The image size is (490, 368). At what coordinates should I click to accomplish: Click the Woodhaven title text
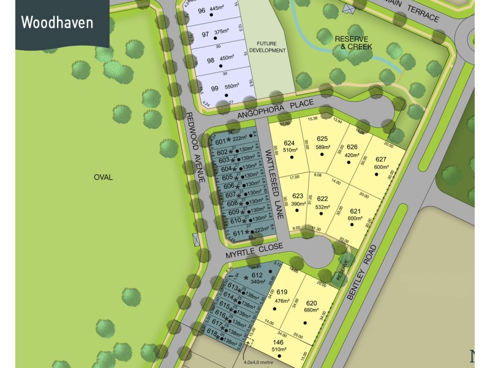pos(57,23)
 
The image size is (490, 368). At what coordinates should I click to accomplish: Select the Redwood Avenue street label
pos(195,147)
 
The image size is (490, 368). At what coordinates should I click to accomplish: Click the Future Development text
pos(267,47)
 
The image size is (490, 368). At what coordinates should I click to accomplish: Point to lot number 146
pos(279,342)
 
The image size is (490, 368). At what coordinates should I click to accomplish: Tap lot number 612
pos(257,276)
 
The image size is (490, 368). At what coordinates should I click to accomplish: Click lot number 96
pos(202,10)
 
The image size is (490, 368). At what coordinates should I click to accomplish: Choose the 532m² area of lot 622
pos(322,207)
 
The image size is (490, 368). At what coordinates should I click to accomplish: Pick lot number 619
pos(281,292)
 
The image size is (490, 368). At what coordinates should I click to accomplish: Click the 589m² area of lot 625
pos(323,147)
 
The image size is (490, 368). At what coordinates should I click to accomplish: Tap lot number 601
pos(221,142)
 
